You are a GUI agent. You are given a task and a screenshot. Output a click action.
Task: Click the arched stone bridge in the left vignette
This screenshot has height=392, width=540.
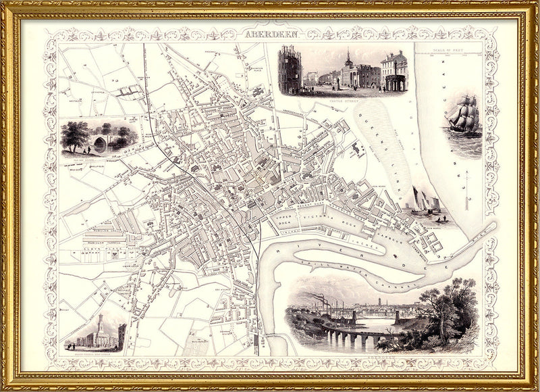pyautogui.click(x=101, y=144)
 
